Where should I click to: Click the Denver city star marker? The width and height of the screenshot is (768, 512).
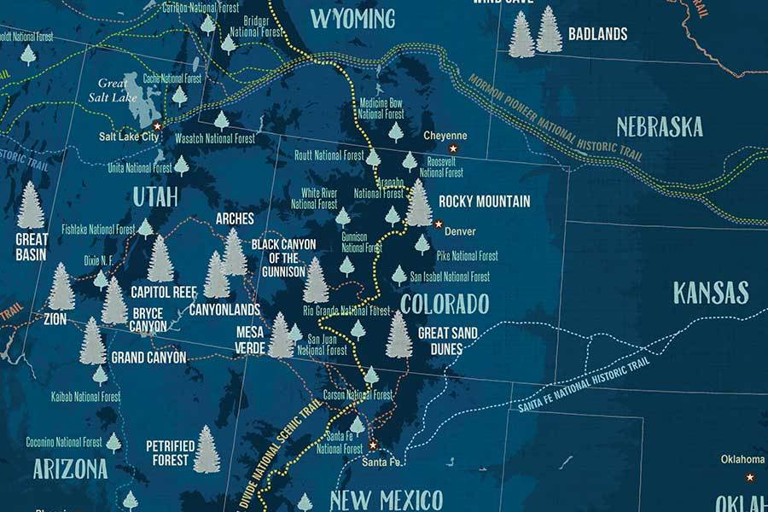(x=438, y=224)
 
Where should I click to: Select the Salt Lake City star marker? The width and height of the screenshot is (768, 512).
(x=156, y=125)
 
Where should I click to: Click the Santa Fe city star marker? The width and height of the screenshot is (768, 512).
(x=372, y=445)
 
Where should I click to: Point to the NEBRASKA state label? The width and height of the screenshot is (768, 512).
(x=660, y=127)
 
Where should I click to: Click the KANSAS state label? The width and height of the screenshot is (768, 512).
(x=710, y=293)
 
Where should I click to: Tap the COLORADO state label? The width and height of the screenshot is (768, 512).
(x=445, y=304)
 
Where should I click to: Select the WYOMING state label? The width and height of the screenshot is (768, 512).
(x=352, y=18)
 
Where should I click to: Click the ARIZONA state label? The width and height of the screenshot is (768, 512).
(x=70, y=468)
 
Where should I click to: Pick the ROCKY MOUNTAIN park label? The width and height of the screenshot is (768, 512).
(x=484, y=202)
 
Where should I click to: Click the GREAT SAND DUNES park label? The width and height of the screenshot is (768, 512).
(x=447, y=340)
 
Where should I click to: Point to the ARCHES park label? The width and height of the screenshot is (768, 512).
(x=235, y=219)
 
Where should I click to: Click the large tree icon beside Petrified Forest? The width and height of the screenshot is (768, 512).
(x=206, y=450)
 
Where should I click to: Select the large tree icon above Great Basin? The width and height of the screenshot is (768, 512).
(x=31, y=206)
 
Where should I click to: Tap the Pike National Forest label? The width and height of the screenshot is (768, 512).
(x=467, y=256)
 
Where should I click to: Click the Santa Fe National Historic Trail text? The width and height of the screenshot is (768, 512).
(x=590, y=379)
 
